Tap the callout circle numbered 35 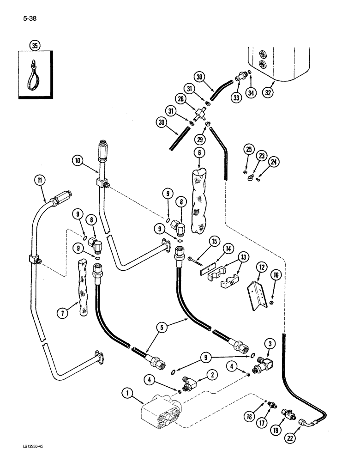[x=34, y=45]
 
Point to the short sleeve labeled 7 [x=83, y=302]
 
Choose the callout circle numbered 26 [x=180, y=99]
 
